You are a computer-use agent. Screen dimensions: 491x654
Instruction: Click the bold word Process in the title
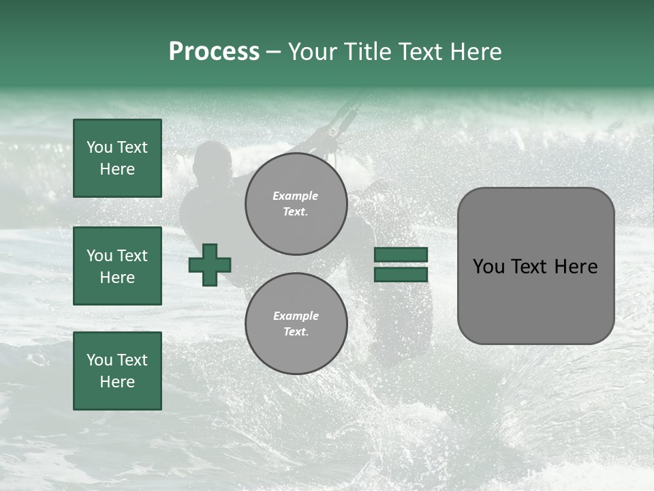point(214,52)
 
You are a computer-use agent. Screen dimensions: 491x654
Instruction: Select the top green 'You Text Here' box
point(117,158)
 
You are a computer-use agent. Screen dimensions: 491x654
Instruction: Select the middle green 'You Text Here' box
point(117,266)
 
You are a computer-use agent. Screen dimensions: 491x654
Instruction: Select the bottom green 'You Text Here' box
point(117,370)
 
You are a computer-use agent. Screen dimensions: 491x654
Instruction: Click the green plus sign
point(210,265)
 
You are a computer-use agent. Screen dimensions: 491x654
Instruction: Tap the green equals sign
point(401,265)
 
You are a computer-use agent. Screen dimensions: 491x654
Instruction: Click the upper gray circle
point(296,203)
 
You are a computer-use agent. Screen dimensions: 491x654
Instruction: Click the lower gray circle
point(296,323)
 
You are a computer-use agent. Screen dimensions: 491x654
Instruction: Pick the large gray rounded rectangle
point(535,266)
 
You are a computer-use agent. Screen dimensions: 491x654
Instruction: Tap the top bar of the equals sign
point(401,255)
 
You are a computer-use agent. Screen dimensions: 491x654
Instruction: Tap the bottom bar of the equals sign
point(401,274)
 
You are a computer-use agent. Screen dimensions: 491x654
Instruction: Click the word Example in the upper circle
point(296,196)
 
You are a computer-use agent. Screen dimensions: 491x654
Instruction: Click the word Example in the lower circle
point(296,316)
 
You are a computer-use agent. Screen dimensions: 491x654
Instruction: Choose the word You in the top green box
point(99,147)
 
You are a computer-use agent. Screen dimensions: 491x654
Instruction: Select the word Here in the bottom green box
point(117,382)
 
